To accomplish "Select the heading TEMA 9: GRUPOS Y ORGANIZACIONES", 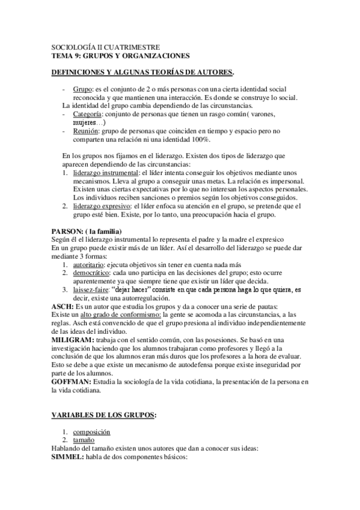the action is point(120,55).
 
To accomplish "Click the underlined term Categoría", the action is point(87,114).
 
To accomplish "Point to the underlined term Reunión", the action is point(85,131).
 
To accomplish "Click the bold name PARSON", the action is point(69,232).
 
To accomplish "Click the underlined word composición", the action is point(92,432).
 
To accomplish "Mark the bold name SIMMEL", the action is point(68,457).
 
